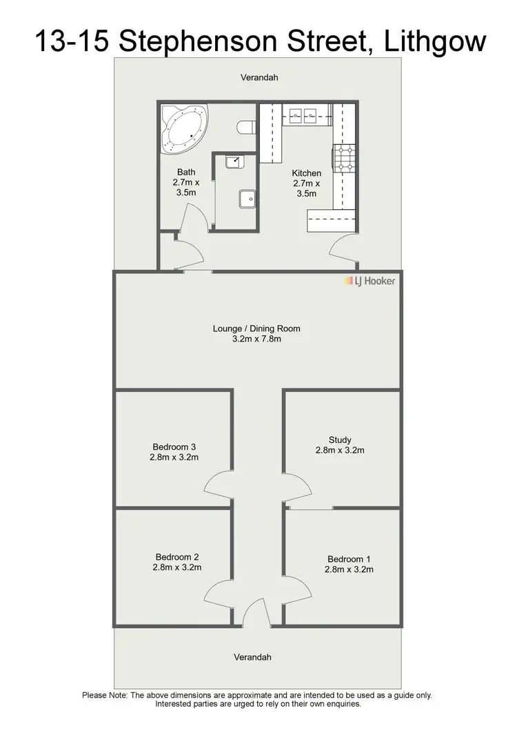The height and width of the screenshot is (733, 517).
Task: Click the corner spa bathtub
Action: pos(183,128)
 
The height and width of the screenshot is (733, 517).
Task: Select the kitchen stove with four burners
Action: pos(343,158)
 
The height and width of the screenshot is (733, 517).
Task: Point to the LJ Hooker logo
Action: pos(370,281)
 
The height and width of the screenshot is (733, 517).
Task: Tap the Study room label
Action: pos(340,440)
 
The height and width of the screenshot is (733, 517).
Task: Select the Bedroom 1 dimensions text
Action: pos(349,569)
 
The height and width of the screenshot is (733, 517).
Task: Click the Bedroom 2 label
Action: pos(177,556)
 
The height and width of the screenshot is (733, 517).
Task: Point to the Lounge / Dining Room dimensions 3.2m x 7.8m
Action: pos(256,339)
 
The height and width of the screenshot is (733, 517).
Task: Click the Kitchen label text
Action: pos(307,173)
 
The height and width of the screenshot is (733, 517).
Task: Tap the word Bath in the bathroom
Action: pos(186,172)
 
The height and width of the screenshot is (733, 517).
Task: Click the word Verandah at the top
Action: pos(259,78)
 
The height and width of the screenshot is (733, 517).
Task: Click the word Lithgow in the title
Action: pos(435,42)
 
